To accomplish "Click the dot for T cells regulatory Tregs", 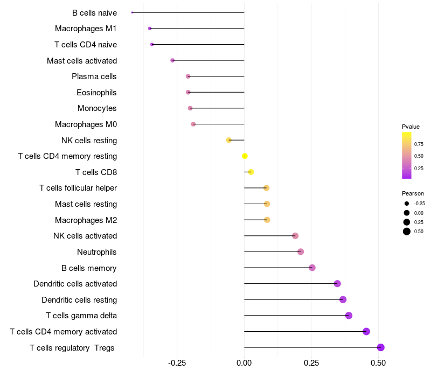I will coord(381,347).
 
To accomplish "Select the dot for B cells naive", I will coord(132,12).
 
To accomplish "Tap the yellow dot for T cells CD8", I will coord(251,172).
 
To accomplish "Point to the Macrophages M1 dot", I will coord(150,28).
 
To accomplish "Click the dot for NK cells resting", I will coord(229,140).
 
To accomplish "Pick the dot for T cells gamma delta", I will coord(349,316).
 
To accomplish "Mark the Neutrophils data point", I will coord(301,252).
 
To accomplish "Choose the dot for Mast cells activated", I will coord(172,60).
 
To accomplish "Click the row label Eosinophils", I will coord(96,93).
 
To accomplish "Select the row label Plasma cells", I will coord(94,76).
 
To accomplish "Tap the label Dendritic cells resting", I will coord(79,300).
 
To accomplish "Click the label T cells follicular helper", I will coord(78,188).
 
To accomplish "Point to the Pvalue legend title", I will coord(411,127).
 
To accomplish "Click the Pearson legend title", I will coord(413,193).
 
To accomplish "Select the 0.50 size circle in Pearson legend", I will coord(407,232).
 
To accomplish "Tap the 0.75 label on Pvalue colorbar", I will coord(419,144).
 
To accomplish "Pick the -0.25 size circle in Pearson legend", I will coord(407,204).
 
